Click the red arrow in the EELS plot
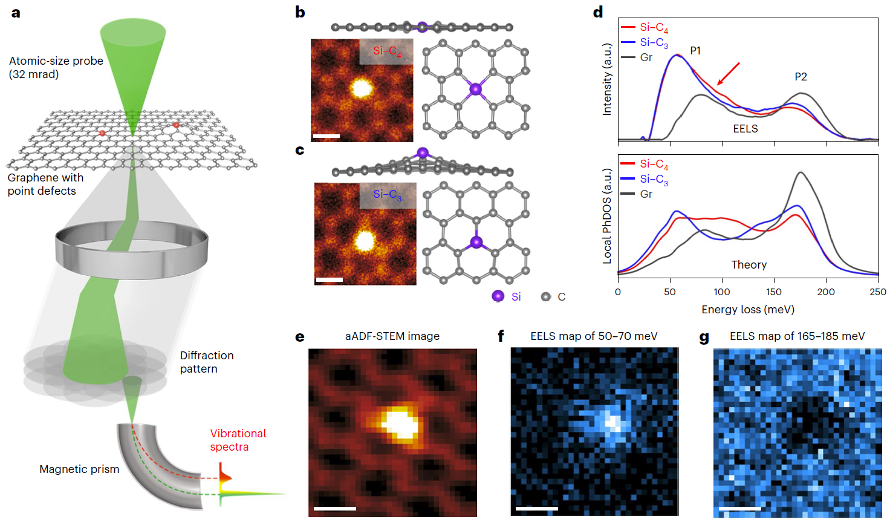(x=729, y=73)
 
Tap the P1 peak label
(x=695, y=51)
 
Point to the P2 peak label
(x=801, y=77)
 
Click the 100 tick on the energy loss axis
(x=722, y=292)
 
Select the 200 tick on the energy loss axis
(x=826, y=292)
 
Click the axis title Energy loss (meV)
(x=748, y=310)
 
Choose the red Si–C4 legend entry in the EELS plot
(x=645, y=27)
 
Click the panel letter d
(x=598, y=12)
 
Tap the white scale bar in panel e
(x=335, y=508)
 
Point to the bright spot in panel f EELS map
(x=611, y=421)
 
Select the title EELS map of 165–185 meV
(x=797, y=336)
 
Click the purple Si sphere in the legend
(x=498, y=296)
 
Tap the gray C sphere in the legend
(x=546, y=296)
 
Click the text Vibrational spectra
(x=238, y=440)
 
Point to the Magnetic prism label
(x=79, y=469)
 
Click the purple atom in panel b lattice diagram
(x=476, y=90)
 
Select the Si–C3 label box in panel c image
(x=387, y=195)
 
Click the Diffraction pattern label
(x=206, y=362)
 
